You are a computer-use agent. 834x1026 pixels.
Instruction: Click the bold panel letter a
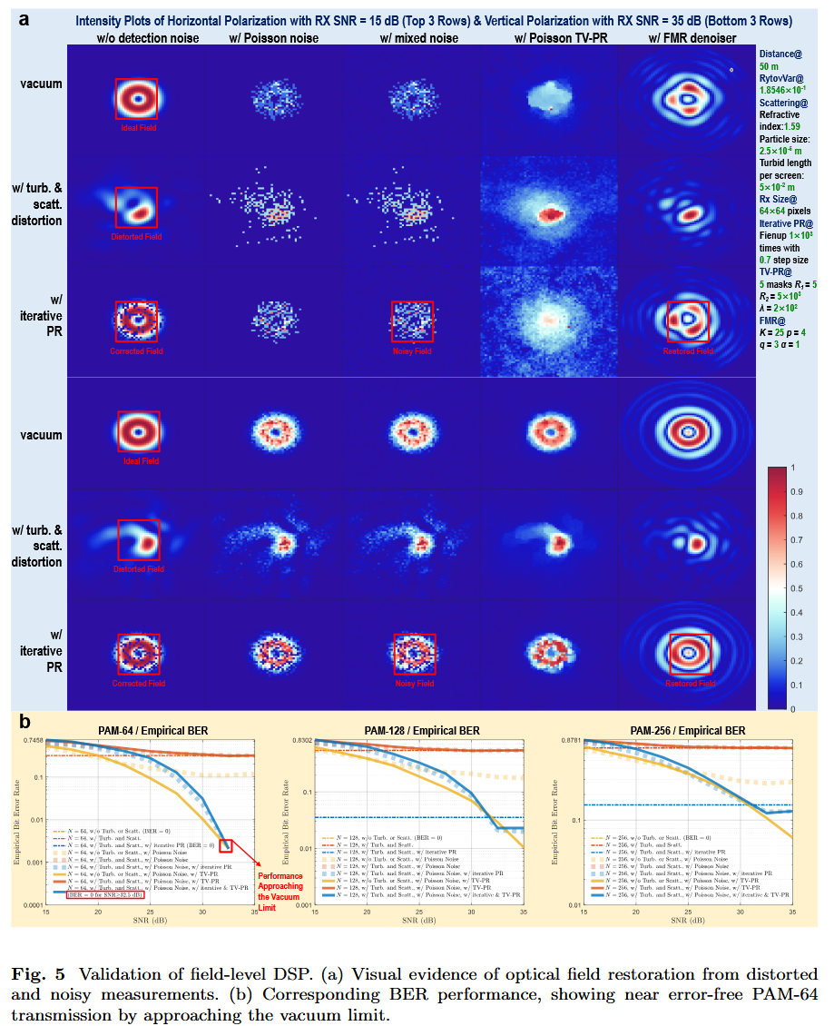[x=28, y=17]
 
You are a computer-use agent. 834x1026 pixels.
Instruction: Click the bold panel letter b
[x=26, y=723]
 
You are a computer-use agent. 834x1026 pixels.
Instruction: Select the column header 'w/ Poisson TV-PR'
[x=549, y=38]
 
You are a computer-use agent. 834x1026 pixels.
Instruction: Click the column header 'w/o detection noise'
[x=137, y=38]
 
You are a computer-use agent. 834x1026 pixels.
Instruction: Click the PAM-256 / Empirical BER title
[x=687, y=731]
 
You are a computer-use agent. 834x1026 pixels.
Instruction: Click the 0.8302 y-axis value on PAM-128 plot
[x=299, y=741]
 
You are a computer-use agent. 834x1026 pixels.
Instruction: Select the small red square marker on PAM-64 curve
[x=226, y=846]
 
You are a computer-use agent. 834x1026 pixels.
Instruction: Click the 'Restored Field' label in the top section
[x=689, y=351]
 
